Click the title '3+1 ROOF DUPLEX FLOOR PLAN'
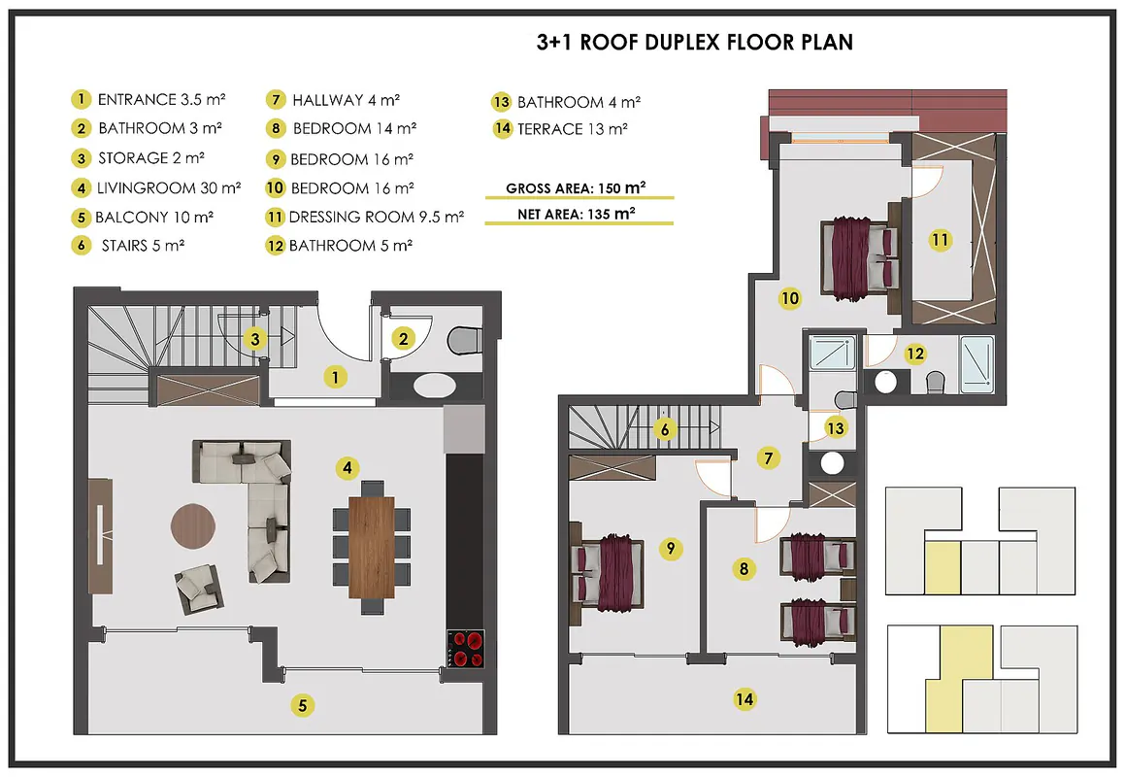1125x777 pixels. coord(695,42)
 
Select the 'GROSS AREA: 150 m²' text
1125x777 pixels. coord(576,188)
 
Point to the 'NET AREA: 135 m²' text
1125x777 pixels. coord(577,214)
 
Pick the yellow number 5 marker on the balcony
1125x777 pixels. coord(302,705)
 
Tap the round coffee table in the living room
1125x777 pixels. coord(193,526)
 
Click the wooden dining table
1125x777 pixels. coord(372,547)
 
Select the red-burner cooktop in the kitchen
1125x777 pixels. coord(465,649)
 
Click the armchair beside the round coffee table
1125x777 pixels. coord(199,588)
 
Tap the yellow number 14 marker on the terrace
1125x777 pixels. coord(744,698)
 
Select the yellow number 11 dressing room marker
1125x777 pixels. coord(940,239)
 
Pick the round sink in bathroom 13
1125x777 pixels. coord(832,463)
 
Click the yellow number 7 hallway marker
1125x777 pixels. coord(769,457)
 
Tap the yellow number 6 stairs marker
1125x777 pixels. coord(665,429)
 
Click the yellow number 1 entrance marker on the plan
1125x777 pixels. coord(335,376)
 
